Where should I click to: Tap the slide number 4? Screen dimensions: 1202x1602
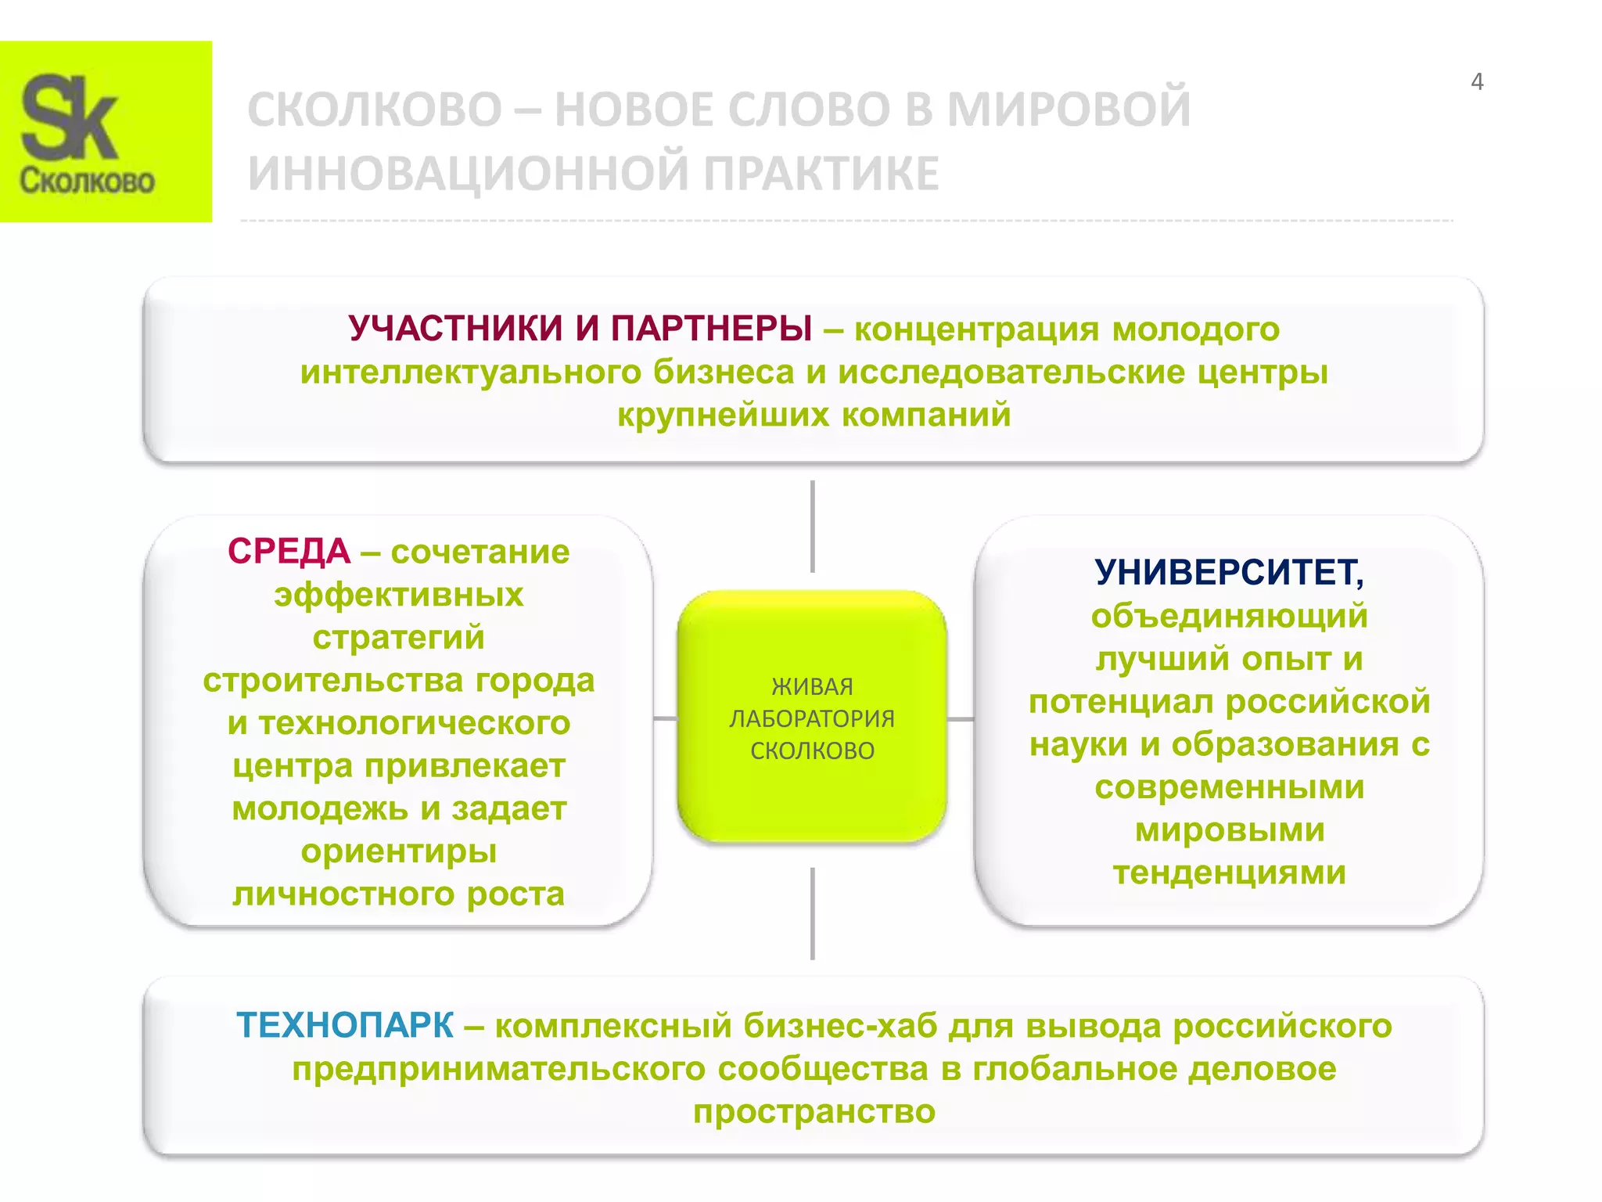point(1477,81)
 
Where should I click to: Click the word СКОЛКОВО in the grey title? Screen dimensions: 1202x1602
point(375,109)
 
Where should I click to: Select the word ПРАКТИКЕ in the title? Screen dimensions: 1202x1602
point(821,173)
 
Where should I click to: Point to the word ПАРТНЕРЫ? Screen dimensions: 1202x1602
point(711,329)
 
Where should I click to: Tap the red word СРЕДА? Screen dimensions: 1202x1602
point(289,552)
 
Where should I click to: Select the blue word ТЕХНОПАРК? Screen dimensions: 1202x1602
point(345,1025)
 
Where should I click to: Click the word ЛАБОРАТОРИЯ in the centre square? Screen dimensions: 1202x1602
point(812,718)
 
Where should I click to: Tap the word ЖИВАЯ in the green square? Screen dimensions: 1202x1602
point(812,686)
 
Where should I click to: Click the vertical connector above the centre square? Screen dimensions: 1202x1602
point(813,526)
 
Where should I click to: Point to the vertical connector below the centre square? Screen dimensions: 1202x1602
point(813,913)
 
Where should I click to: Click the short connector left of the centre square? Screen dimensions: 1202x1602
point(665,718)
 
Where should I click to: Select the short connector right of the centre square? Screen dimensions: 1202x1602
point(961,718)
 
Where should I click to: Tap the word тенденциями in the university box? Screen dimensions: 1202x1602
point(1230,873)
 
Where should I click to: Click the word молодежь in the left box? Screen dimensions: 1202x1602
point(319,808)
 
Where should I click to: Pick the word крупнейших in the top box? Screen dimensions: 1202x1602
point(723,415)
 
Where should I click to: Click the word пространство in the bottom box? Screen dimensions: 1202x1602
point(814,1111)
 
